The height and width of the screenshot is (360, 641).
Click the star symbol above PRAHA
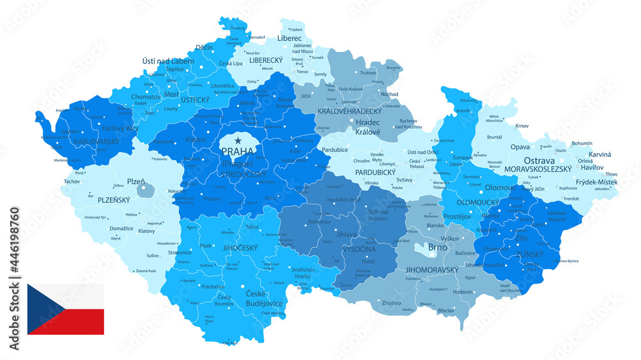238,140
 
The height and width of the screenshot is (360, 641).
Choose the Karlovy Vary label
120,128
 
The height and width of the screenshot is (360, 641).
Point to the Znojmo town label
391,302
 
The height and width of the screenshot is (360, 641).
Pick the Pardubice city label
335,150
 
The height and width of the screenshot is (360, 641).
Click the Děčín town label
204,47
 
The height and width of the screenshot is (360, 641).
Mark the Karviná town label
600,154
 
